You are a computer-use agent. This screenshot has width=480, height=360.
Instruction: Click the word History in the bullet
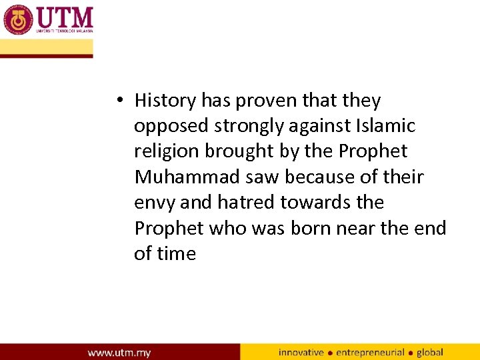[x=165, y=101]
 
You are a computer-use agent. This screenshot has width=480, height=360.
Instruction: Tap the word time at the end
[x=177, y=253]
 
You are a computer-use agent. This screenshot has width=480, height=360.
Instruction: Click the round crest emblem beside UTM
[x=18, y=19]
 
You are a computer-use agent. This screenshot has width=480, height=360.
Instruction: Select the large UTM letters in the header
[x=65, y=17]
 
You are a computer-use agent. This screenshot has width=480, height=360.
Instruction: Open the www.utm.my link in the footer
[x=119, y=352]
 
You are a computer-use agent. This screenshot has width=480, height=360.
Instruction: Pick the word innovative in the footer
[x=301, y=352]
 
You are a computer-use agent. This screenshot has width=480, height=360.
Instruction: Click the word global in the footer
[x=430, y=352]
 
